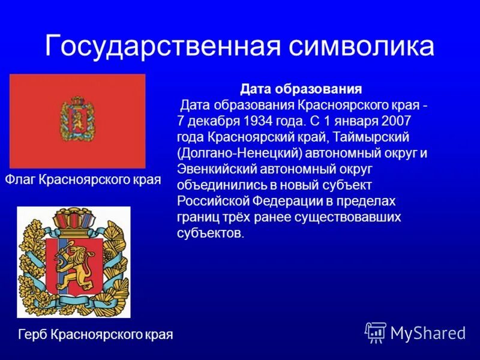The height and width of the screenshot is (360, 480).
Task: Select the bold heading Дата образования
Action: pos(301,89)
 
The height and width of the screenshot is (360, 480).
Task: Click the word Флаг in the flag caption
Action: pos(20,179)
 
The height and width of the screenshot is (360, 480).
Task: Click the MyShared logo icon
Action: pos(376,332)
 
